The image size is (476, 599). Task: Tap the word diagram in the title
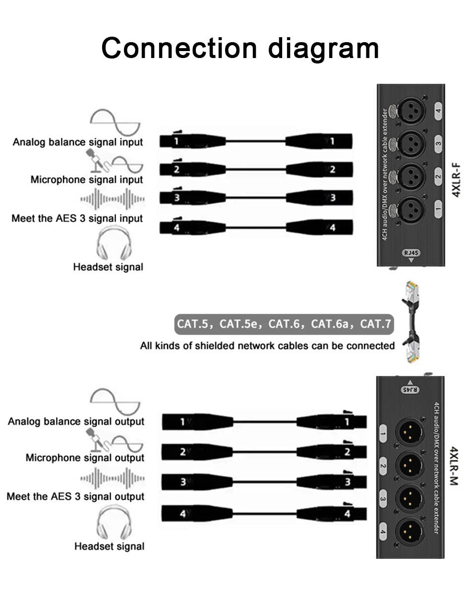click(324, 48)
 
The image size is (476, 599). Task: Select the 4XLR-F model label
click(457, 179)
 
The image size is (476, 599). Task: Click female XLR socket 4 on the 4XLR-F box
click(412, 111)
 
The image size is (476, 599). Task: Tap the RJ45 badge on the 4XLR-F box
click(411, 253)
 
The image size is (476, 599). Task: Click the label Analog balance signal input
click(78, 142)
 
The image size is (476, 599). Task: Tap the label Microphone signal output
click(85, 458)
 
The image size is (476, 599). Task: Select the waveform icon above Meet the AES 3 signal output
click(113, 479)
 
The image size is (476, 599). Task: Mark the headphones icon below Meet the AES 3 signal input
click(113, 243)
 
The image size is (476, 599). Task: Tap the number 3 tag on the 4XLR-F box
click(438, 144)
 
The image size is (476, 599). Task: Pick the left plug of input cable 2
click(192, 170)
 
